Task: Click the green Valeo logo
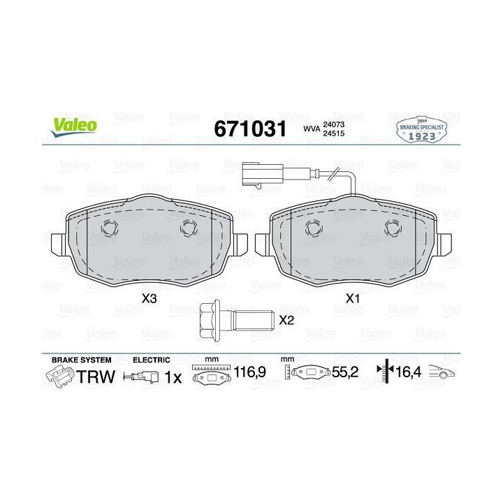coord(74,126)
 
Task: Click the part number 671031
coord(250,129)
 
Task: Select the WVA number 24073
coord(334,124)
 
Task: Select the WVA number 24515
coord(334,133)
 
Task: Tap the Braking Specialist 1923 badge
coord(421,130)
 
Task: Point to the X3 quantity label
coord(150,299)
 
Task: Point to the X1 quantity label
coord(353,299)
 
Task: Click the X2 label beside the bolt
coord(286,320)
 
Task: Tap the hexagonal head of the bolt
coord(210,321)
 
